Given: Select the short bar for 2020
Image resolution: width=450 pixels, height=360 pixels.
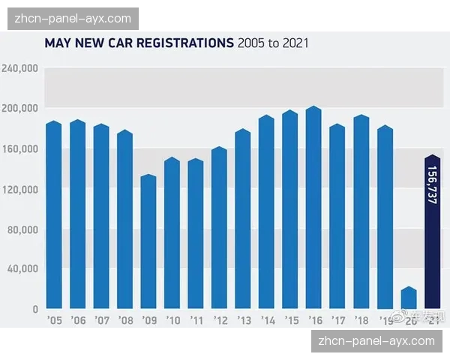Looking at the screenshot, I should (409, 298).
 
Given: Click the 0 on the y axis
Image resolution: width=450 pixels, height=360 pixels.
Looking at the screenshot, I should (34, 308).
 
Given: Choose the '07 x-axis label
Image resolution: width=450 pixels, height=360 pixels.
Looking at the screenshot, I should (101, 320).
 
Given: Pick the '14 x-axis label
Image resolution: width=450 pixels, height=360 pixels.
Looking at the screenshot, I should (266, 320).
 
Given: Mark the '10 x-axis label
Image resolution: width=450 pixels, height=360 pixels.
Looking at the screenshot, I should (172, 320).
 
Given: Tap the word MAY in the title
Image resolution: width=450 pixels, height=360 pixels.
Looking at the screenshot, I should (58, 43).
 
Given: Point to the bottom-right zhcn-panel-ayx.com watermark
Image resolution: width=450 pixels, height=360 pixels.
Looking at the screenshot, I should (376, 340).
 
